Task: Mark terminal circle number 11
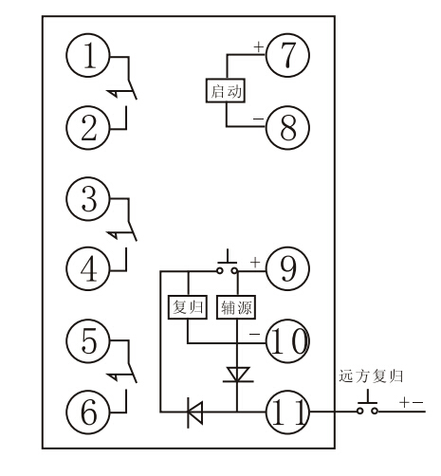tap(285, 412)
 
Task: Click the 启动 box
tap(225, 92)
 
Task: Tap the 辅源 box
tap(235, 306)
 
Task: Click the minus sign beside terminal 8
tap(258, 116)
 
